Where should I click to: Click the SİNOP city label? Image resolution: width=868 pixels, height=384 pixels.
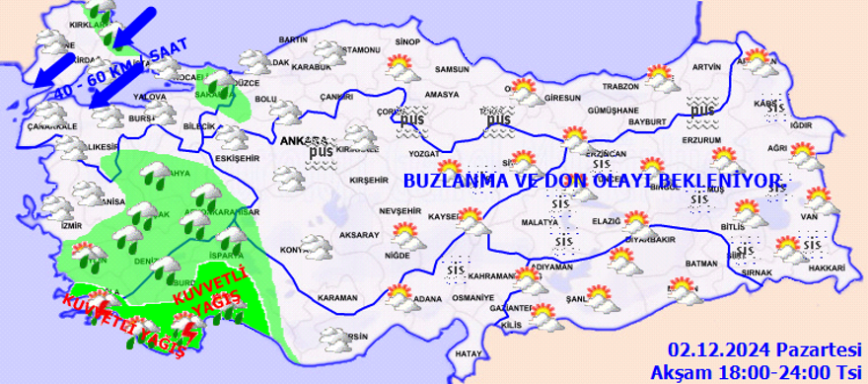[x=407, y=42]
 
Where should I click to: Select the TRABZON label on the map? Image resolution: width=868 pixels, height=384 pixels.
[x=621, y=86]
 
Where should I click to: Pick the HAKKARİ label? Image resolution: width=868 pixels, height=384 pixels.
[x=828, y=269]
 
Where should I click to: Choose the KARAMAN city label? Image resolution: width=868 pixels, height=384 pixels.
[x=338, y=297]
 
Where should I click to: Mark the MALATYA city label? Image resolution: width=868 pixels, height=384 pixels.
[x=541, y=224]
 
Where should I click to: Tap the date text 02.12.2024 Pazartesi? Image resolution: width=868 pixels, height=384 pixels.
[x=761, y=350]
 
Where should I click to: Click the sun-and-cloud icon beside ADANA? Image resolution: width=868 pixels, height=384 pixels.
[x=399, y=295]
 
